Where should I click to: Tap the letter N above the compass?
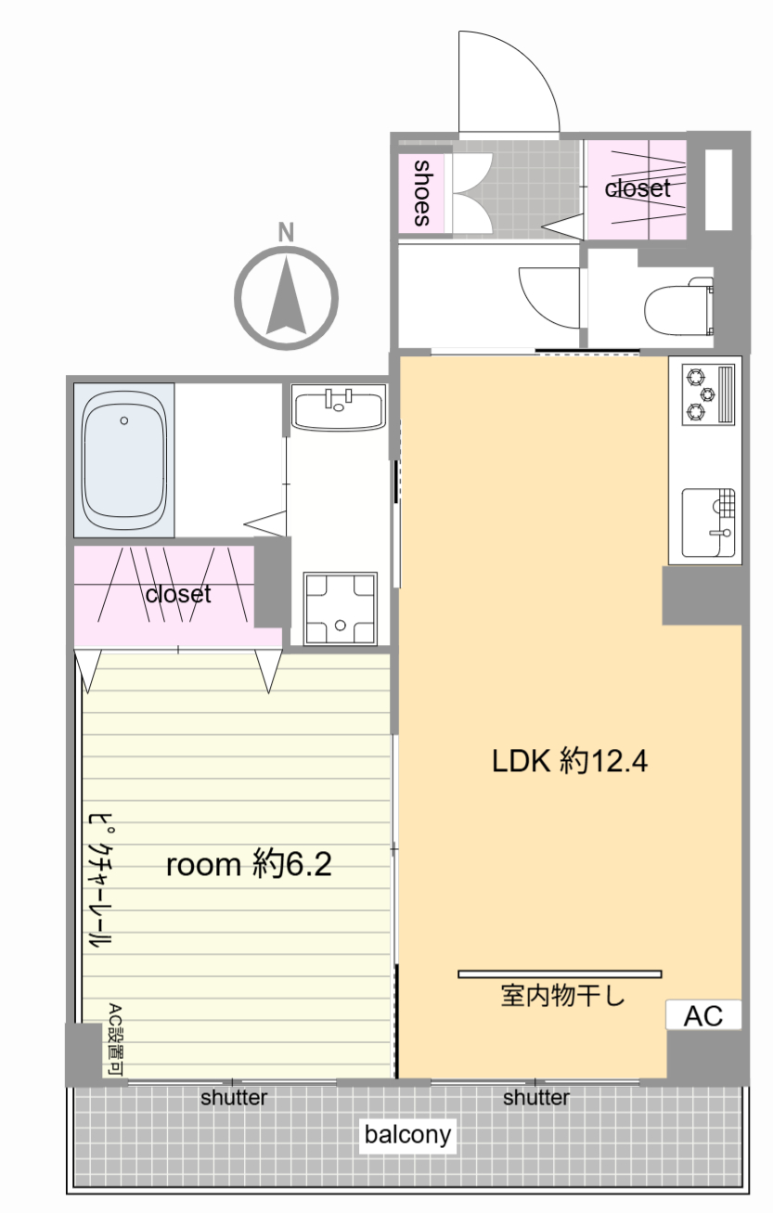point(286,232)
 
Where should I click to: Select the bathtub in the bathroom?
point(124,459)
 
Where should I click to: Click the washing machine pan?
point(340,609)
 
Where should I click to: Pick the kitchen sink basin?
point(708,523)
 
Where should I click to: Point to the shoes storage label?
point(421,193)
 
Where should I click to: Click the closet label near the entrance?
point(638,188)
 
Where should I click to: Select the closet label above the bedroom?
point(178,594)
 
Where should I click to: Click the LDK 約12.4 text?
point(570,761)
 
